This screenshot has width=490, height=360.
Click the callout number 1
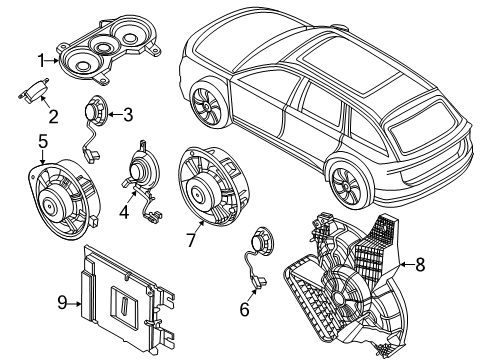pyautogui.click(x=42, y=61)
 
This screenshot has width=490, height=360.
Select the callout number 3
pyautogui.click(x=128, y=115)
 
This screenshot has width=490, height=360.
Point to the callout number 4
pyautogui.click(x=125, y=211)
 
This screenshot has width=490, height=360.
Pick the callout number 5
pyautogui.click(x=43, y=141)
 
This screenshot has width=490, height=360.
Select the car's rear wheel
pyautogui.click(x=351, y=185)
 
